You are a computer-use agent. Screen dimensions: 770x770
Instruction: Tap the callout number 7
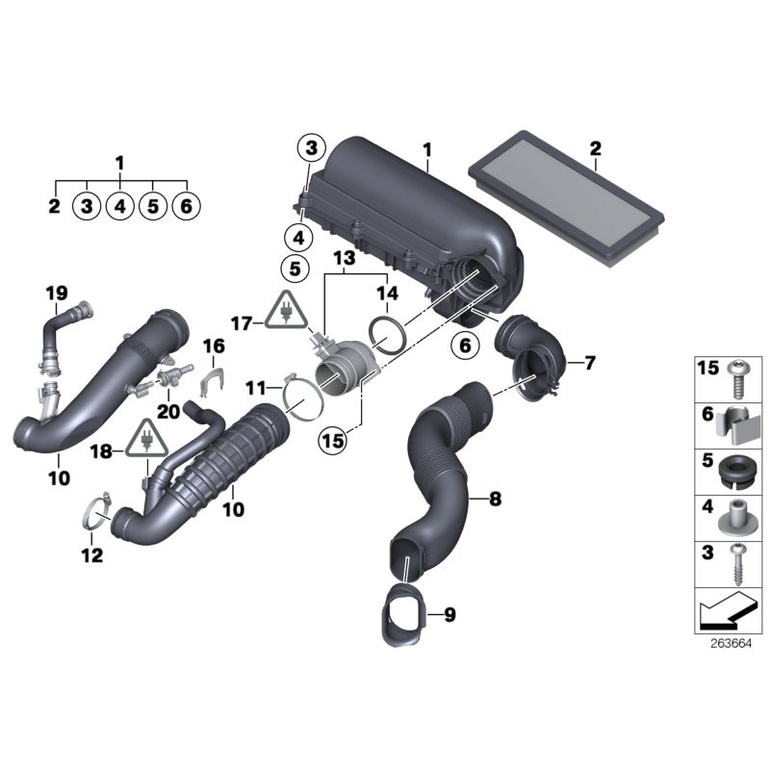coord(589,363)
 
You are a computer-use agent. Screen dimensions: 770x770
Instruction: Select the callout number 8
coord(495,499)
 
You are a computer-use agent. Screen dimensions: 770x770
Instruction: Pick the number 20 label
coord(167,409)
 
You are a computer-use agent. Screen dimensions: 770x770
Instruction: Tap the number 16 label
coord(213,346)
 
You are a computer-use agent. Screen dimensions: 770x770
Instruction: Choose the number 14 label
coord(386,293)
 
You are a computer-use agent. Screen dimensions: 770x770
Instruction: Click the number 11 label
coord(253,387)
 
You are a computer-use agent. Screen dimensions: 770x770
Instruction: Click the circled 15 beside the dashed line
coord(333,440)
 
